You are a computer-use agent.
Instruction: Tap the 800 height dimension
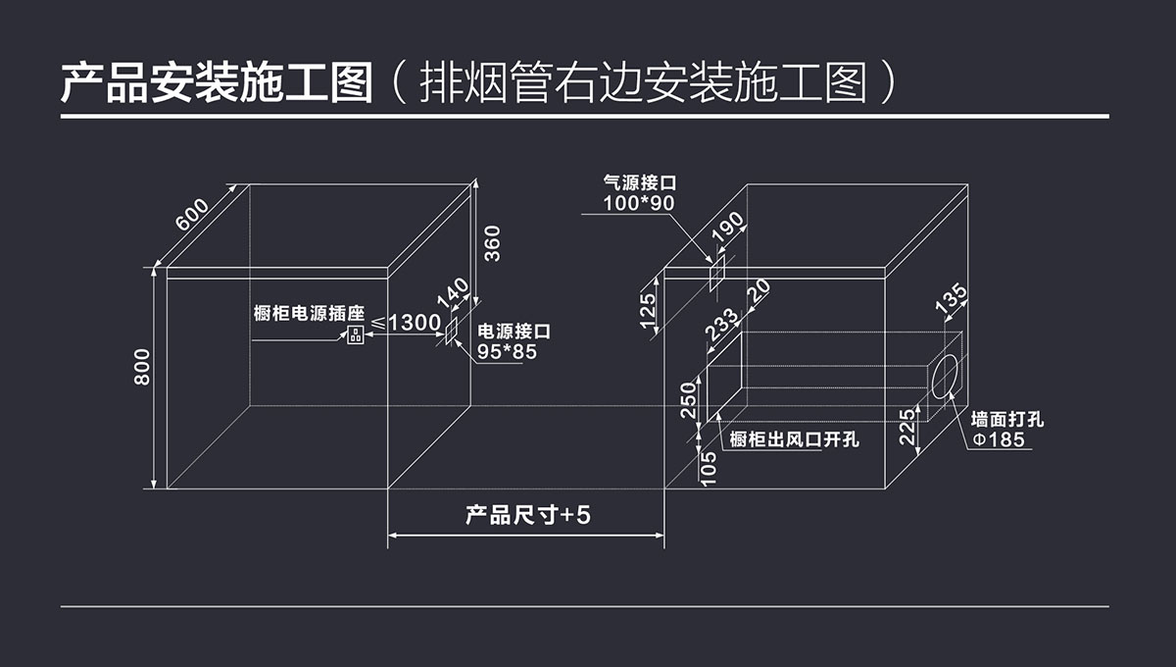click(143, 367)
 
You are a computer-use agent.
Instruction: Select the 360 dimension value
click(492, 244)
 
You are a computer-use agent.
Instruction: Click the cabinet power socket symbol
click(354, 335)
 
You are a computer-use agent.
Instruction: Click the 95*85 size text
click(507, 351)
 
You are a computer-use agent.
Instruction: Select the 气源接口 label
click(641, 182)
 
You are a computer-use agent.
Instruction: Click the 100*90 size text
click(639, 203)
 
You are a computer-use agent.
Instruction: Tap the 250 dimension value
click(688, 398)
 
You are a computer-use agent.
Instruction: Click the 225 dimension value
click(908, 428)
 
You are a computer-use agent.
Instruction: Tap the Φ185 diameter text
click(998, 439)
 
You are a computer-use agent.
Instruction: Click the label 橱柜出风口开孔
click(795, 439)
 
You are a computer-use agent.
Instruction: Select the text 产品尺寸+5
click(527, 515)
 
